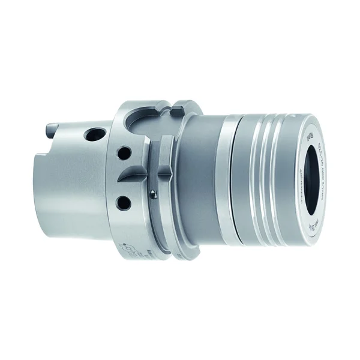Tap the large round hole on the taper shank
[x=94, y=133]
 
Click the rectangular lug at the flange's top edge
[x=175, y=112]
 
